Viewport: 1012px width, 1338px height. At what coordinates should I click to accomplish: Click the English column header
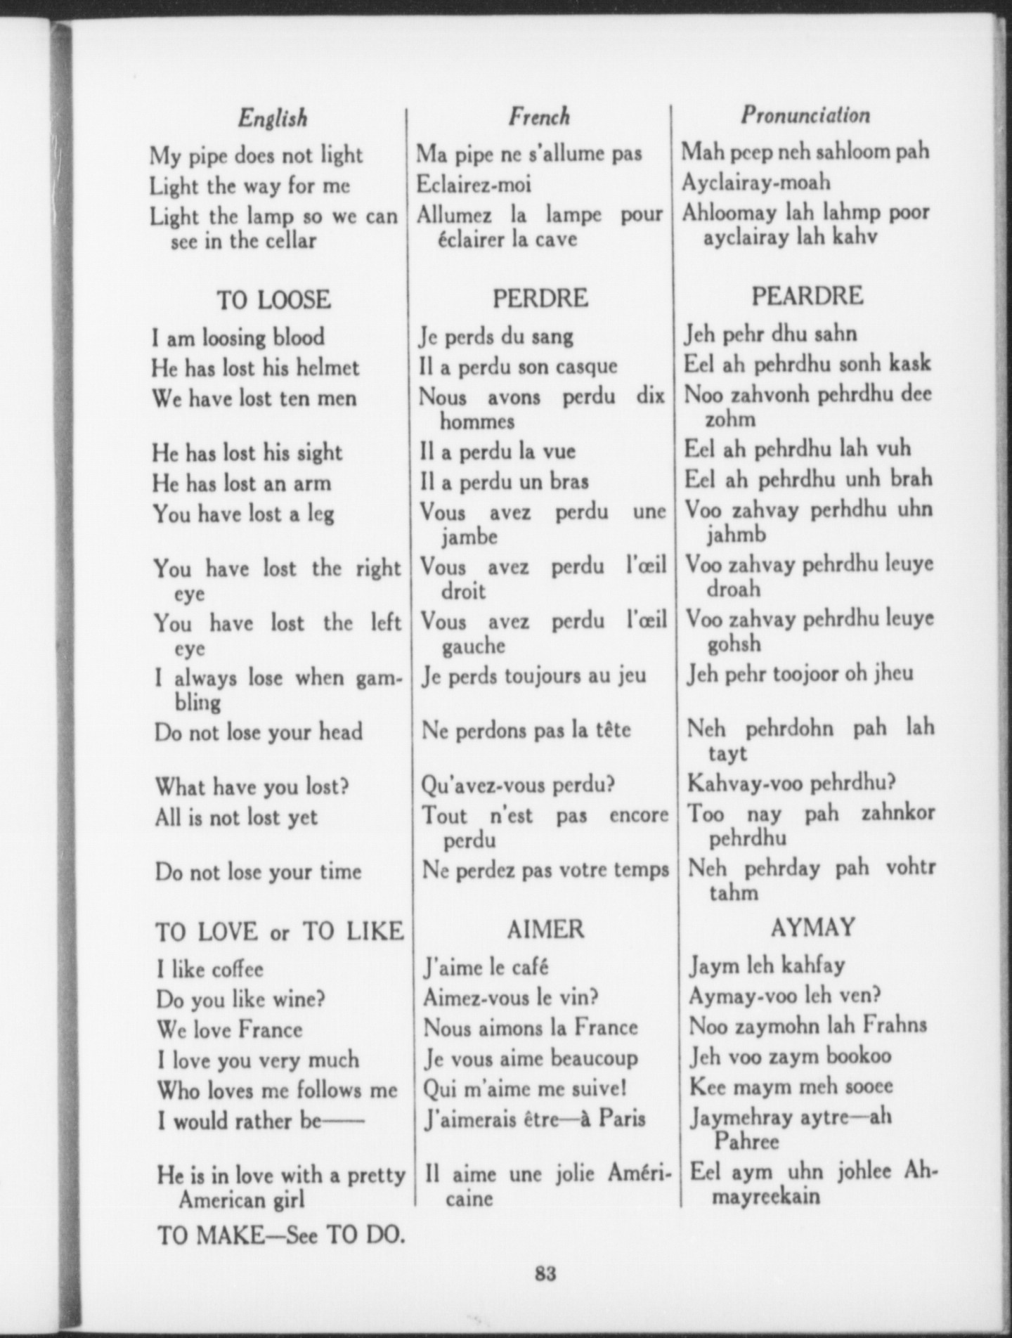(273, 117)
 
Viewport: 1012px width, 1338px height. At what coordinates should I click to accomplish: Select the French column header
(539, 116)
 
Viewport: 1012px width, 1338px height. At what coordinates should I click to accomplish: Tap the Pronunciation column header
(805, 115)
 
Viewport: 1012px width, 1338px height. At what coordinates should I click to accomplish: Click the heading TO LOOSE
(273, 300)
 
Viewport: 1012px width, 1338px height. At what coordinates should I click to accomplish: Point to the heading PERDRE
(540, 298)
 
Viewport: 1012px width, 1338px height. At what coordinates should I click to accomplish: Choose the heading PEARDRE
(807, 296)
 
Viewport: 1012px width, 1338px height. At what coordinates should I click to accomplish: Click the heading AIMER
(545, 929)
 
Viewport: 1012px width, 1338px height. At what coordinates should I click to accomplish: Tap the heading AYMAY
(812, 928)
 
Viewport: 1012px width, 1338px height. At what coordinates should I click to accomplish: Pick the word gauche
(473, 646)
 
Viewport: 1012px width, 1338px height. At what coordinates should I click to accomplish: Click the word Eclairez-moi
(474, 184)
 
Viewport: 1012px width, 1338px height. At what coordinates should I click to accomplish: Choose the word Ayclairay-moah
(755, 182)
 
